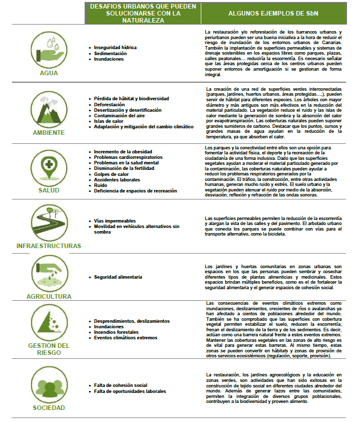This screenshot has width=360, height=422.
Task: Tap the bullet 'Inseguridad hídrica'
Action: pyautogui.click(x=115, y=47)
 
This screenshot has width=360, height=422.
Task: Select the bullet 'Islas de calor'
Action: pyautogui.click(x=108, y=121)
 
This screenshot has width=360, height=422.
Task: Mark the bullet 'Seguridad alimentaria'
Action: pyautogui.click(x=118, y=277)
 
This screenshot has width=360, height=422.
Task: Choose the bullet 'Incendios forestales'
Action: pyautogui.click(x=118, y=332)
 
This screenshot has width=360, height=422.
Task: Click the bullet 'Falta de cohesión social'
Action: pyautogui.click(x=121, y=385)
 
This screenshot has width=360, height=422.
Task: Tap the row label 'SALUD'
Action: pyautogui.click(x=49, y=190)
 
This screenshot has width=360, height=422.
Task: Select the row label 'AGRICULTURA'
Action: pyautogui.click(x=49, y=297)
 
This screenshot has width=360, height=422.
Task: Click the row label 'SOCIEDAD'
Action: pyautogui.click(x=49, y=408)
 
